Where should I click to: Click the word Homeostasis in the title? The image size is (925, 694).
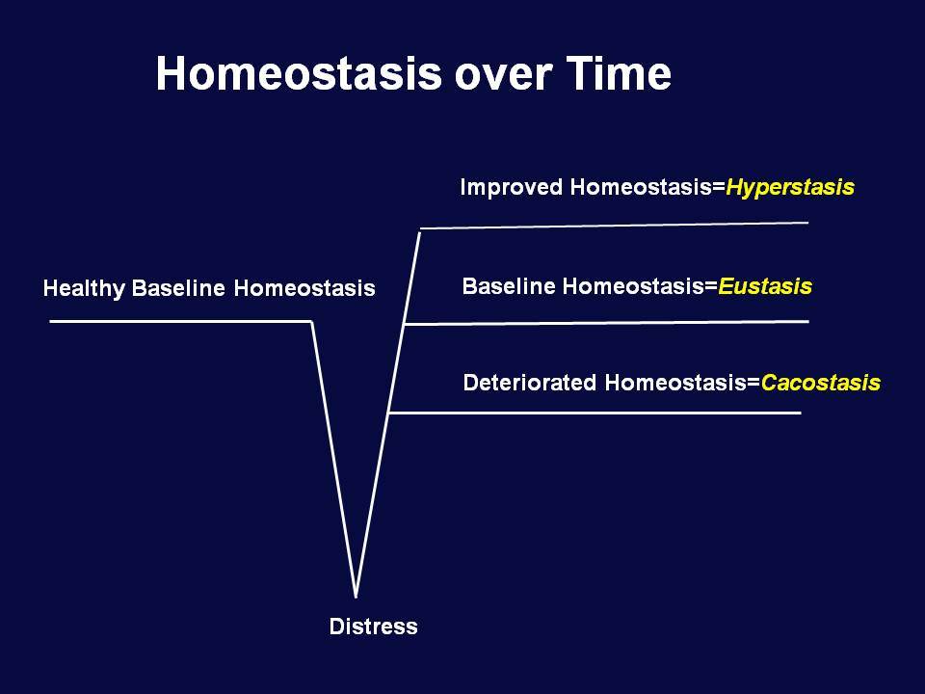pos(299,73)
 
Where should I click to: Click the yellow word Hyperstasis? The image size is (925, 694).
pos(790,188)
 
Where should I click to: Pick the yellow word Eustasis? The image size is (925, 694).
pos(765,286)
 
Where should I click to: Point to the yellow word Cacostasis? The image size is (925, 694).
pos(821,383)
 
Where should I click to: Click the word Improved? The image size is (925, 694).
pos(512,188)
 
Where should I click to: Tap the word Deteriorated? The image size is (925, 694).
pos(530,383)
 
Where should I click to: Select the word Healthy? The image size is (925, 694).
pos(84,288)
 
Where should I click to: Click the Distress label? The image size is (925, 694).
pos(374,627)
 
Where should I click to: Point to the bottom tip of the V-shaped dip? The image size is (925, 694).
pos(356,598)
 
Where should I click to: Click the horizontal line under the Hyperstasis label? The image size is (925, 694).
pos(614,226)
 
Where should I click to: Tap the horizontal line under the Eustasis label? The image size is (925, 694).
pos(606,323)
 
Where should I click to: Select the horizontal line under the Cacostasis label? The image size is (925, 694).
pos(595,414)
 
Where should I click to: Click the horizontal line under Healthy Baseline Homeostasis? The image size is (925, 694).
pos(180,321)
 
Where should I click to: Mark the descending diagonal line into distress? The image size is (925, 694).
pos(333,459)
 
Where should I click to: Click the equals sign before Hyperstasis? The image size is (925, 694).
pos(719,188)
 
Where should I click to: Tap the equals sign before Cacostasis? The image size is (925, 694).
pos(753,383)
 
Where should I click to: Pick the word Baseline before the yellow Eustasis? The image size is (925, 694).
pos(509,286)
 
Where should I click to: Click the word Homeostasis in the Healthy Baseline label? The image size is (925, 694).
pos(304,288)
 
